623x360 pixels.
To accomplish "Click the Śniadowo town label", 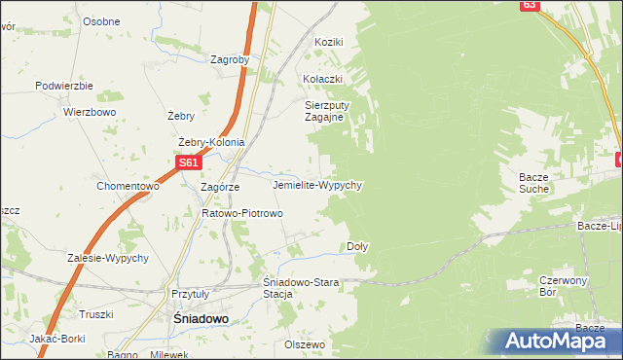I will point(186,318).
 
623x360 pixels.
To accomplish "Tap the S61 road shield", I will point(189,163).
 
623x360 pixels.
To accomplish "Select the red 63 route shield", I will point(528,5).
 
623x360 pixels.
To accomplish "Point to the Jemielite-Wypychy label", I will point(318,184).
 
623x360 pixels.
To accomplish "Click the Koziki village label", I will point(330,42).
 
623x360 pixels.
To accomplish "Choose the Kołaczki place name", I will point(323,79).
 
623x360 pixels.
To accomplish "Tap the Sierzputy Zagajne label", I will point(325,110).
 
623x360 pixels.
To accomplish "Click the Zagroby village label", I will point(230,59).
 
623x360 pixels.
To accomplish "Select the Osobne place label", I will point(101,21).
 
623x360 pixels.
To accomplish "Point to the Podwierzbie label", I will point(63,86).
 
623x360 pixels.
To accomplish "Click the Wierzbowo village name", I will point(90,112).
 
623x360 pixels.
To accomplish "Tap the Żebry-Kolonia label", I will point(211,142).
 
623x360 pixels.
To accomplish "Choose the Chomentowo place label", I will point(128,186).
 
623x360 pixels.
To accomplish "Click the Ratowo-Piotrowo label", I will point(241,213).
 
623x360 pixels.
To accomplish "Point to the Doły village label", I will point(357,247).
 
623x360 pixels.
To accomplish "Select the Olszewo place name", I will point(304,344).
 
